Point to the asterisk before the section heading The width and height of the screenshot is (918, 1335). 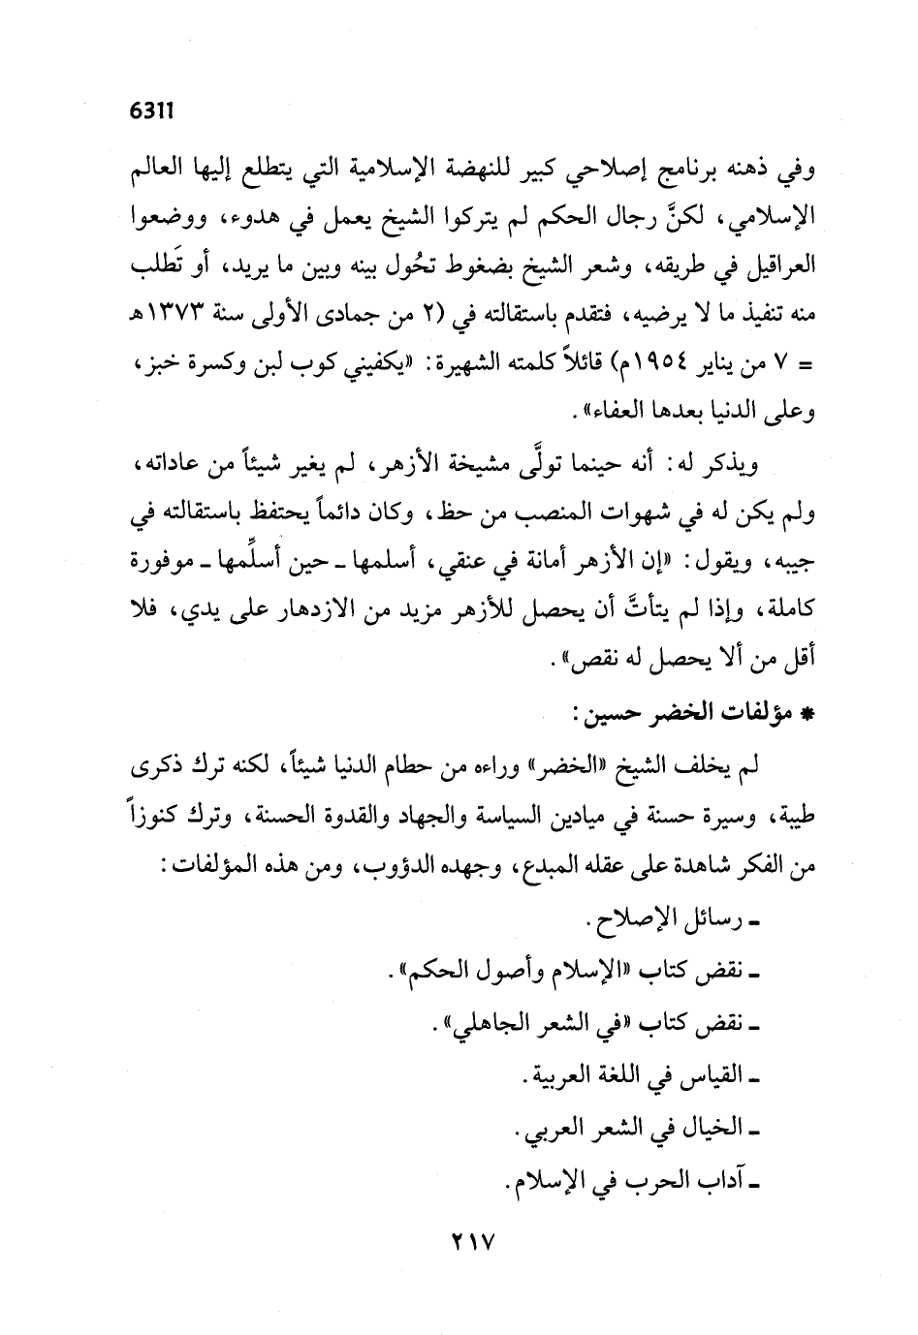(804, 716)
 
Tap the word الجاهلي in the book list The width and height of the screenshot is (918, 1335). (487, 1022)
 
